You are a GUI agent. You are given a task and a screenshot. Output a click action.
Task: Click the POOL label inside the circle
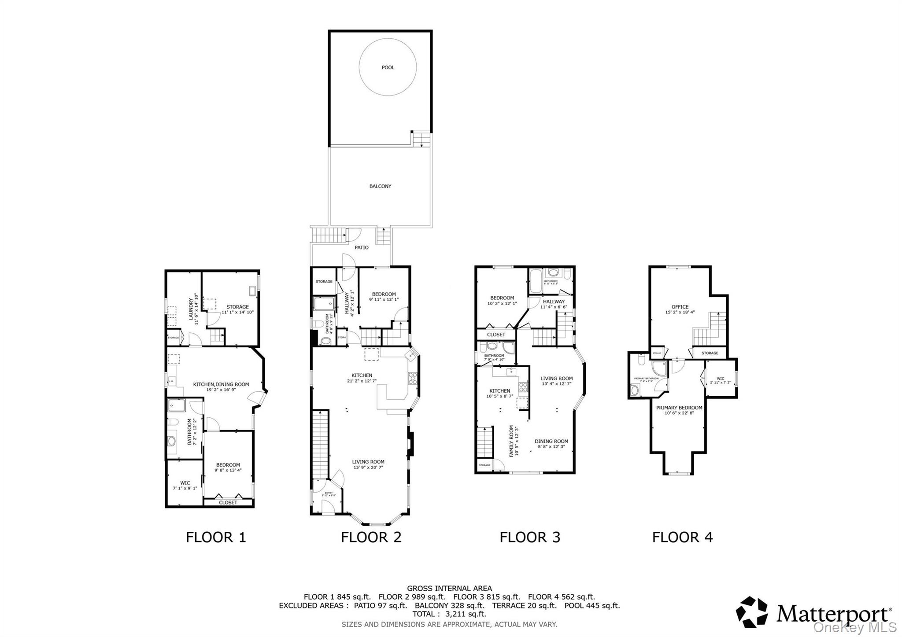coord(388,67)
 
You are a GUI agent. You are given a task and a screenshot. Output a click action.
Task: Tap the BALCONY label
coord(380,186)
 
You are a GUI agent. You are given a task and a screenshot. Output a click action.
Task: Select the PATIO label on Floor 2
coord(362,247)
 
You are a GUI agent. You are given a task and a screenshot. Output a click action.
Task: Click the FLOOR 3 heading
coord(530,537)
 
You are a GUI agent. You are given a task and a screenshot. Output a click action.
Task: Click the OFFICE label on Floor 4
coord(680,307)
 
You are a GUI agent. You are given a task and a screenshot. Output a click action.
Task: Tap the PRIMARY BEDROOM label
coord(679,408)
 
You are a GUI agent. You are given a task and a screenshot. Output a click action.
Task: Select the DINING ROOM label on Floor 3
coord(551,441)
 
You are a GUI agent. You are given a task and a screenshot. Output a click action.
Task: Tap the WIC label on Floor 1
coord(185,483)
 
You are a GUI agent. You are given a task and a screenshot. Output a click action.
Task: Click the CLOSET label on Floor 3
coord(496,335)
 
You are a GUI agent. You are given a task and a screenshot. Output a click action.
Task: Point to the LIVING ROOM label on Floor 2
coord(368,462)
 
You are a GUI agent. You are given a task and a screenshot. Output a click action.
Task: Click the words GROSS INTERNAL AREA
coord(449,588)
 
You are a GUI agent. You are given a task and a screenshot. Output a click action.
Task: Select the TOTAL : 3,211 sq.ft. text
coord(449,614)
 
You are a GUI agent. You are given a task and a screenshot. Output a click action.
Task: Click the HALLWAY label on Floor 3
coord(553,302)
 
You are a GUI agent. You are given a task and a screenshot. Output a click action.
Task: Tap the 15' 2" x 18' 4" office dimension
coord(680,313)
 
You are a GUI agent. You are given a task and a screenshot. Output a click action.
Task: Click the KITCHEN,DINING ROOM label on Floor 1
coord(221,384)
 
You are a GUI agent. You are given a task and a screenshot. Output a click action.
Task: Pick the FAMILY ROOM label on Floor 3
coord(511,441)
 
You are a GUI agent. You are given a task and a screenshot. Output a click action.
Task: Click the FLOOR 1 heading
coord(216,537)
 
